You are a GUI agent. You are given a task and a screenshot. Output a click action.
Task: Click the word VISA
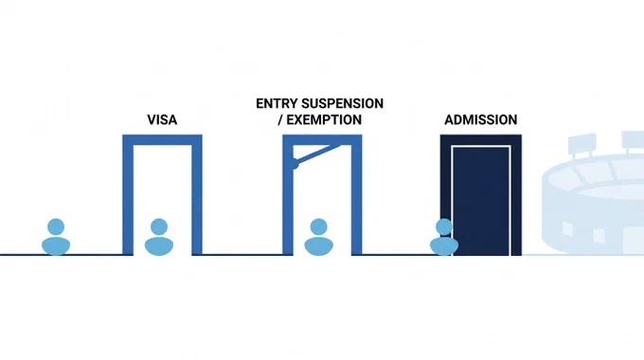(x=162, y=119)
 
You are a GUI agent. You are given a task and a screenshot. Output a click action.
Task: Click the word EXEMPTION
(x=324, y=119)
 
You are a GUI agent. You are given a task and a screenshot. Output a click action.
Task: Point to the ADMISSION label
(x=480, y=119)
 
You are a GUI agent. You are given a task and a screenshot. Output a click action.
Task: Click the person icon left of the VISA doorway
(x=56, y=237)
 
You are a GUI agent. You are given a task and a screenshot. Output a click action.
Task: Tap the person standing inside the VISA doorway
(x=159, y=237)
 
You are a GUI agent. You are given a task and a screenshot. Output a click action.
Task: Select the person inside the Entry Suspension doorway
(x=319, y=237)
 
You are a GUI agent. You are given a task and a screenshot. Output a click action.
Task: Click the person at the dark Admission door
(x=444, y=237)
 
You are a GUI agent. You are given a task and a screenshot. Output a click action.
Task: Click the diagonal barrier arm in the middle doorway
(x=317, y=154)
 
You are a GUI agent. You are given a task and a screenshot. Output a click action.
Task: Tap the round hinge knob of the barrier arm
(x=295, y=164)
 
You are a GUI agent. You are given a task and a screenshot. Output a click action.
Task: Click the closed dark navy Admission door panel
(x=481, y=201)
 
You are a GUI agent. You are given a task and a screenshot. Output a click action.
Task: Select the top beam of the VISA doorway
(x=162, y=139)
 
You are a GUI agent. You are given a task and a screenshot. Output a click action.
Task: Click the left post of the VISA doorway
(x=128, y=195)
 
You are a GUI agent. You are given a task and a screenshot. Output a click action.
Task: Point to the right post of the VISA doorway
(x=197, y=195)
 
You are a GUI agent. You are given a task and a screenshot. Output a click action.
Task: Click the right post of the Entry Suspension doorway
(x=356, y=195)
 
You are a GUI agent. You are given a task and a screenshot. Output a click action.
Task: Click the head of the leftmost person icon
(x=56, y=226)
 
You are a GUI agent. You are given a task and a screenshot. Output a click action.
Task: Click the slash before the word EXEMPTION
(x=280, y=119)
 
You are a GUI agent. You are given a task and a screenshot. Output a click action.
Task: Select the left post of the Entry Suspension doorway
(x=288, y=195)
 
